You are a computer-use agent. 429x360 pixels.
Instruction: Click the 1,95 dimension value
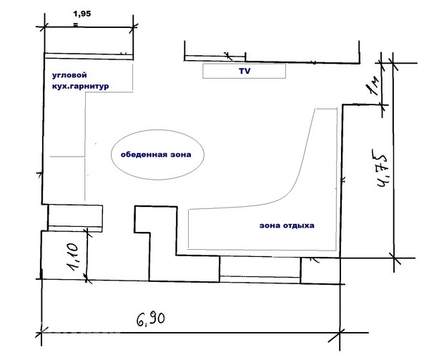click(x=82, y=14)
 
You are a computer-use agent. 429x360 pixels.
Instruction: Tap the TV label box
click(x=245, y=71)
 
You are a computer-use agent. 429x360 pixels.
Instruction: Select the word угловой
click(x=69, y=75)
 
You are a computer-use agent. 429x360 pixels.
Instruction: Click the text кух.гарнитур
click(x=80, y=86)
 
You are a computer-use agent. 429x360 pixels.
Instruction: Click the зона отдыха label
click(x=287, y=225)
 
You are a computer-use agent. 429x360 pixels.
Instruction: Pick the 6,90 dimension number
click(x=151, y=319)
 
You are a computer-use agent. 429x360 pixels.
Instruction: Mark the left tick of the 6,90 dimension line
click(x=41, y=333)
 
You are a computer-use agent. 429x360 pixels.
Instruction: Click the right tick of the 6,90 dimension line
click(x=340, y=334)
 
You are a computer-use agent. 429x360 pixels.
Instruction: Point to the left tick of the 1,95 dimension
click(x=44, y=26)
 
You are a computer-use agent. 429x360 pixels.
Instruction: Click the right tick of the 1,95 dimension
click(x=134, y=26)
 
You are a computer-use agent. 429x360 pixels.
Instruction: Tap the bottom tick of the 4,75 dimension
click(x=394, y=258)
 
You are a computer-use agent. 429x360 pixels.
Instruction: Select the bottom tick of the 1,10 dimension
click(x=87, y=280)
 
